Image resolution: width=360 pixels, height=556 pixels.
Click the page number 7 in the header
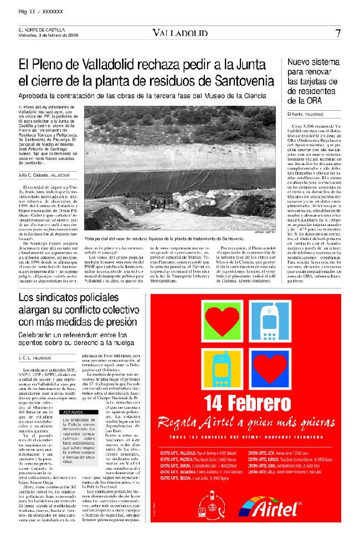coord(338,33)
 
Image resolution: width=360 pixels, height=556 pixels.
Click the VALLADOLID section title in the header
coord(178,33)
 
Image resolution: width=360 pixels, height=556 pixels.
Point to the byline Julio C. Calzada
coord(33,174)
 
